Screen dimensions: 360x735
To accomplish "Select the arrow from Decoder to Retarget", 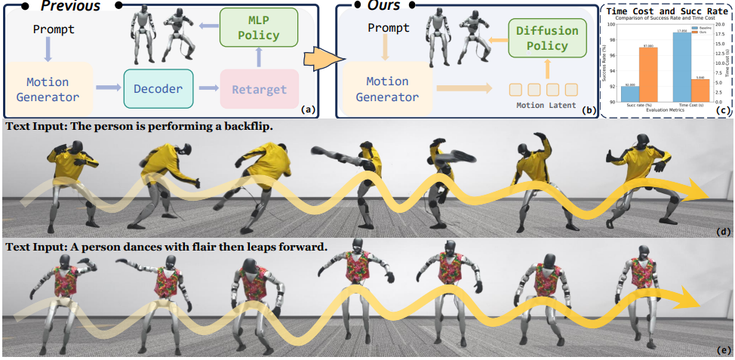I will coord(204,90).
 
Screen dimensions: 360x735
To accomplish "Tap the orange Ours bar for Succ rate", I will coord(647,74).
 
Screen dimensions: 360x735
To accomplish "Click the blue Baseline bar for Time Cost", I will coord(682,66).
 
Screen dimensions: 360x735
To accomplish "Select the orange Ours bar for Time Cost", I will coord(699,90).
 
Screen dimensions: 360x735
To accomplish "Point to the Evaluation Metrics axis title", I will coord(665,110).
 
